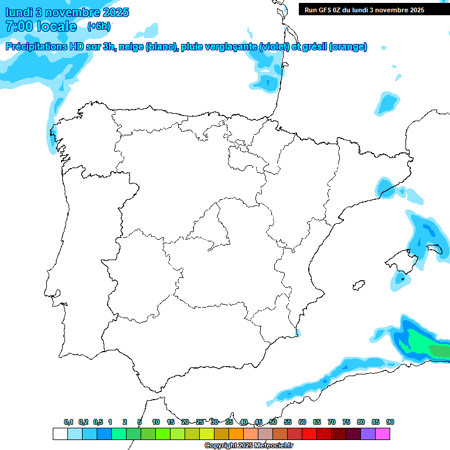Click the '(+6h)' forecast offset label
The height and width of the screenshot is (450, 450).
tap(98, 26)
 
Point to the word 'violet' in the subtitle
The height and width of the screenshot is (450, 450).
tap(275, 47)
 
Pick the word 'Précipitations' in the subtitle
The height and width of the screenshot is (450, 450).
tap(34, 47)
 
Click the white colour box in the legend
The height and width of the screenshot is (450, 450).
tap(60, 434)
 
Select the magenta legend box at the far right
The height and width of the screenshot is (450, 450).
tap(383, 434)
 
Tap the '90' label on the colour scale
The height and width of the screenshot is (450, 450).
tap(390, 422)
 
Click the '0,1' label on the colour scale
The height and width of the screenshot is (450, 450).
tap(69, 422)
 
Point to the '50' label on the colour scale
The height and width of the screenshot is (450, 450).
tap(273, 422)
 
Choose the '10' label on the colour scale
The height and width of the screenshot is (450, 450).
tap(156, 422)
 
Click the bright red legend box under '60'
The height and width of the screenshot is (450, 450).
tap(309, 434)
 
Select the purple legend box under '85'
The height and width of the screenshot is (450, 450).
tap(368, 434)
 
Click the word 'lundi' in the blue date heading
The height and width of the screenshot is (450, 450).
tap(19, 12)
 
